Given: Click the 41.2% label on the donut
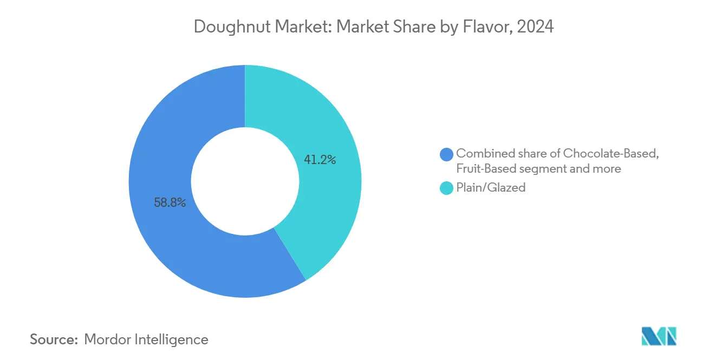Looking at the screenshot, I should pos(320,160).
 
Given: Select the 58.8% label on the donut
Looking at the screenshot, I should pos(170,203).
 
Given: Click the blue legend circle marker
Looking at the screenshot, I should pos(447,154).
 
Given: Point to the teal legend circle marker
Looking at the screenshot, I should pos(447,188).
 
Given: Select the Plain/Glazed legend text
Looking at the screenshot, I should pos(491,188).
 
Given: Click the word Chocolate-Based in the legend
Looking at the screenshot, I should pos(610,153).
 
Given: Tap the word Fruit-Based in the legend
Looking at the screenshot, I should pos(486,168).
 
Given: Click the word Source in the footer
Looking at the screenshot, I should pos(54,339).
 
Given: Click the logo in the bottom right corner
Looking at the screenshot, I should pos(659,336).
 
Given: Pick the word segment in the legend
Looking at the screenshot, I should pos(540,168).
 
